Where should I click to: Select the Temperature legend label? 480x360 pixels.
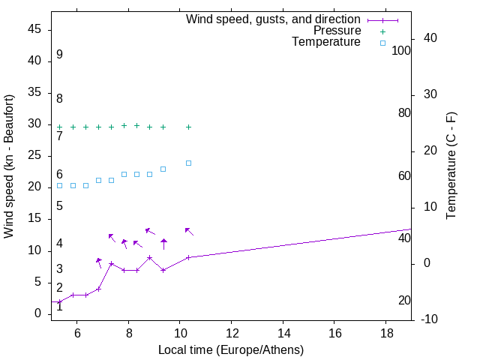point(326,42)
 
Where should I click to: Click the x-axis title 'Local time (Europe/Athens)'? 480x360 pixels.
point(231,350)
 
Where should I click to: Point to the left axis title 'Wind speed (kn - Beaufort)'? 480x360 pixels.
point(9,166)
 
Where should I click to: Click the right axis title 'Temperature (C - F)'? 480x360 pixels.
point(451,166)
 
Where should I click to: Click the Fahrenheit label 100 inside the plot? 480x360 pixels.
point(402,50)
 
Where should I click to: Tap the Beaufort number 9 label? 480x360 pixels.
point(59,55)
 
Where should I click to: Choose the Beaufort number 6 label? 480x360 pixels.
point(59,174)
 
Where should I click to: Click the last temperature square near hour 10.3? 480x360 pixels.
point(188,163)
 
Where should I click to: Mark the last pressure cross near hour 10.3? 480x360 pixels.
point(188,127)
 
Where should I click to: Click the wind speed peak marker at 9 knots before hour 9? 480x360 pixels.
point(150,257)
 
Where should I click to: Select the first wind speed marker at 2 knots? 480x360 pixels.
point(60,301)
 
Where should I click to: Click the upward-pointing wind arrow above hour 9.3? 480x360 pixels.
point(163,243)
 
